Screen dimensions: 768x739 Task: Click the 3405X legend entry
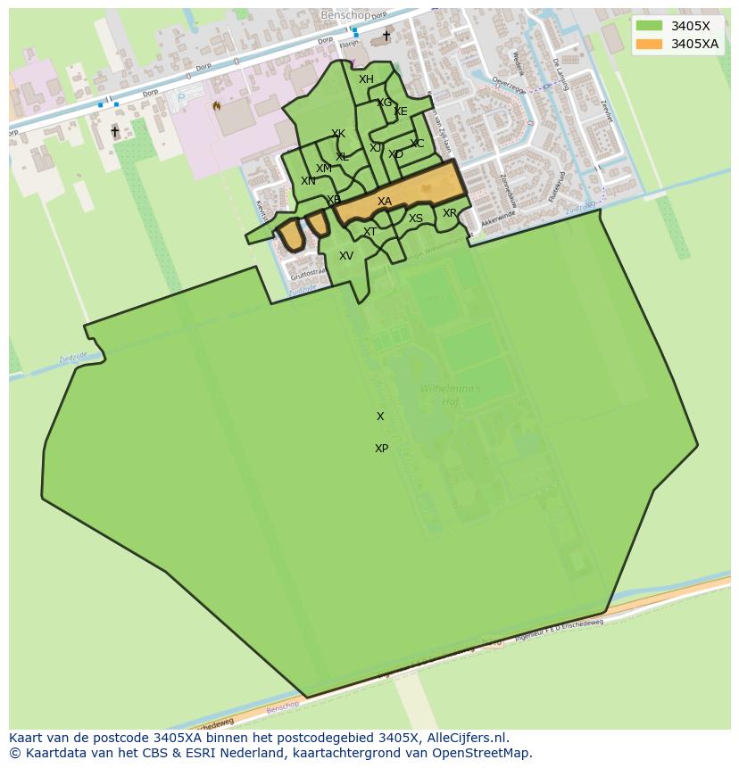(x=690, y=26)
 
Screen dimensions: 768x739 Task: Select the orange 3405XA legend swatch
(x=649, y=44)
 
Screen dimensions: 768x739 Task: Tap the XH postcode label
(x=366, y=79)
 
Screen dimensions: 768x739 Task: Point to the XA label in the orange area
(x=384, y=202)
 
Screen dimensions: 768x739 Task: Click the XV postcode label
(x=346, y=256)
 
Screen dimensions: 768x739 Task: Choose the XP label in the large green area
(x=381, y=449)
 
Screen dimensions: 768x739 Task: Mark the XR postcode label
(x=450, y=213)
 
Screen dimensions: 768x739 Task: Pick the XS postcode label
(x=416, y=219)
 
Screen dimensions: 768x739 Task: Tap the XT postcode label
(x=369, y=232)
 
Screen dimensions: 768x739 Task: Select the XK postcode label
(x=338, y=134)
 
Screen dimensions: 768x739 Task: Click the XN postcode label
(x=308, y=181)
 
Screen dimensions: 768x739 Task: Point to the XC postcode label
(x=417, y=144)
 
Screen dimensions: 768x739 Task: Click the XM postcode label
(x=324, y=169)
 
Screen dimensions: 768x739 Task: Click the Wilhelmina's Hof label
(x=450, y=395)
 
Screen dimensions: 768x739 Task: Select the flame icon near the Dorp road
(x=215, y=104)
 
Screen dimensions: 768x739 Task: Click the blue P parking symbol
(x=182, y=98)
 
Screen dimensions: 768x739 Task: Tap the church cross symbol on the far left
(x=114, y=131)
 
